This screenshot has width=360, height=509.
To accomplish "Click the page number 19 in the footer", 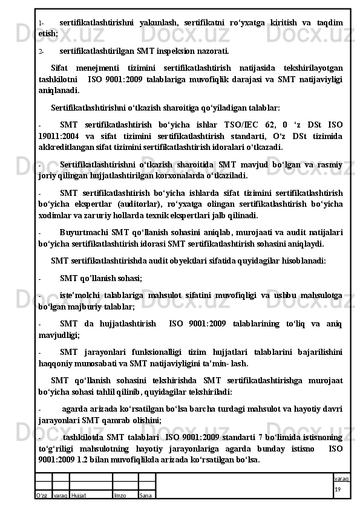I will click(337, 488).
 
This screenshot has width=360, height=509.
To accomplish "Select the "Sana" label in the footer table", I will click(146, 495).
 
